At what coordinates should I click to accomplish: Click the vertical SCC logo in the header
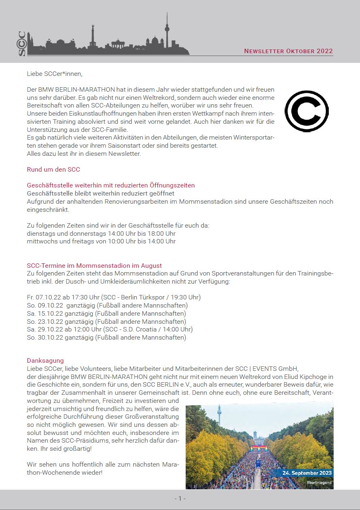point(22,43)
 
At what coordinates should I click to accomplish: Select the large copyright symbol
point(306,110)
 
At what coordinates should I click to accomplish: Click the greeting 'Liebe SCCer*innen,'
point(54,73)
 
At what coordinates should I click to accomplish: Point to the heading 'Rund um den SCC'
point(53,169)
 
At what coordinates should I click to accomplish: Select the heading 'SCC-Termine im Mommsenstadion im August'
point(94,266)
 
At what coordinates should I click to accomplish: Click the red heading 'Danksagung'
point(45,360)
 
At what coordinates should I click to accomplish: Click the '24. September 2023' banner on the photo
point(307,473)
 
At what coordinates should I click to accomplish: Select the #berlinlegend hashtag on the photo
point(319,482)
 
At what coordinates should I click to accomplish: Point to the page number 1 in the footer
point(180,498)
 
